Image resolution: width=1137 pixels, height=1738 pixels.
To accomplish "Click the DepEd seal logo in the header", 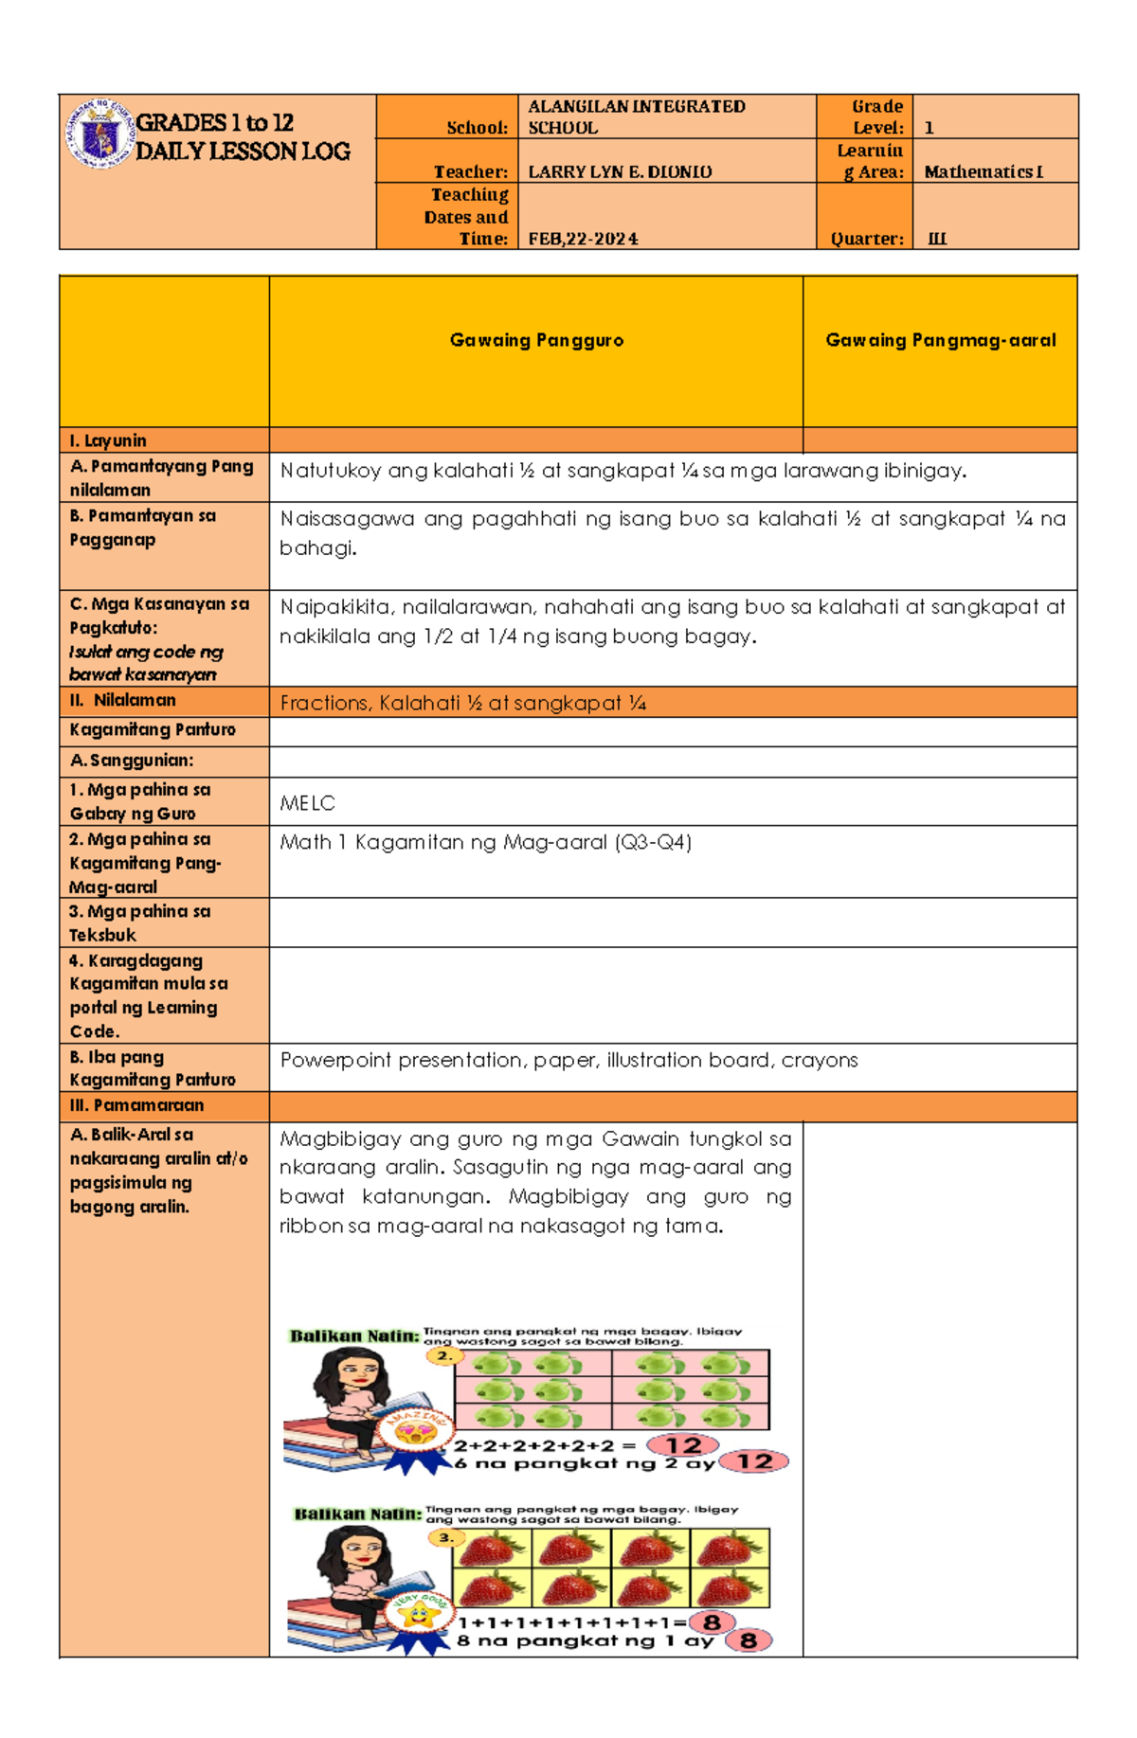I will tap(99, 135).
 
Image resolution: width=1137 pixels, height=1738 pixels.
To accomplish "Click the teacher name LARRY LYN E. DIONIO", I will tap(620, 171).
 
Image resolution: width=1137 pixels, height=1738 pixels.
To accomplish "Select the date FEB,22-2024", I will tap(583, 239).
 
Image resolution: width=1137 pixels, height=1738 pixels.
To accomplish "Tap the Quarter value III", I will tap(936, 239).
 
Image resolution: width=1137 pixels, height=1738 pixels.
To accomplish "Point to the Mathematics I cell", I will tap(983, 171).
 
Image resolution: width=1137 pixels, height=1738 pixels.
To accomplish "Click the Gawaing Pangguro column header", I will tap(536, 340).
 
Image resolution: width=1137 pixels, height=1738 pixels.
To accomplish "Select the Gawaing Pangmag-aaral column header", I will tap(940, 340).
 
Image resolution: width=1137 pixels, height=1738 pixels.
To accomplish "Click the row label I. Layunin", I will tap(108, 440).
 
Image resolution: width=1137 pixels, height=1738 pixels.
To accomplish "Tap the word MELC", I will tap(307, 803).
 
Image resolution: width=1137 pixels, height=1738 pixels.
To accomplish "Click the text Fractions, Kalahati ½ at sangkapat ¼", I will tap(462, 703).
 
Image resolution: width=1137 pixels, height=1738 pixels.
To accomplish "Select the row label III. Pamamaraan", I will tap(136, 1105).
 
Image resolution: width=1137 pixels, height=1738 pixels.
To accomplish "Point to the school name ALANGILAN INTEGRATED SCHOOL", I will tap(636, 116).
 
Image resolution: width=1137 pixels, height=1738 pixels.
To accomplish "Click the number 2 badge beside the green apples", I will tap(442, 1356).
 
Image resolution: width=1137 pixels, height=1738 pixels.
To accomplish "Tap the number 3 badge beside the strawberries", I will tap(444, 1538).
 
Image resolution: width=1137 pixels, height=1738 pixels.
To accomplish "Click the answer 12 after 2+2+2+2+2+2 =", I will tap(682, 1445).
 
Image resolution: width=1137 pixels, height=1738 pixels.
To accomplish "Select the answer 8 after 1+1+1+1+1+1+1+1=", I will tap(712, 1622).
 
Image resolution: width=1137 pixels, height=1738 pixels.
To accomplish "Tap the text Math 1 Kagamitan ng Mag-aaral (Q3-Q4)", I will tap(485, 842).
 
